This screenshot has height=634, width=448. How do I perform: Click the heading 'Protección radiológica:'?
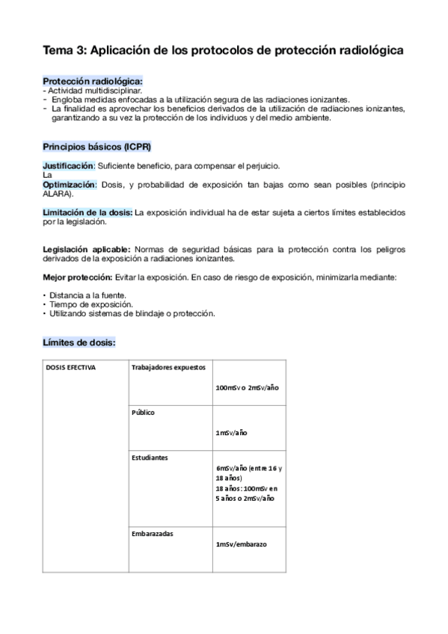click(92, 81)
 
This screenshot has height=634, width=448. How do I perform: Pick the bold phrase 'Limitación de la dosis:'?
click(88, 212)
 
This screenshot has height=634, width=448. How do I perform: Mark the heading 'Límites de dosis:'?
click(79, 342)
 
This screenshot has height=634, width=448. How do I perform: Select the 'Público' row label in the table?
click(143, 412)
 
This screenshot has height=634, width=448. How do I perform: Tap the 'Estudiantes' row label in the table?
click(150, 456)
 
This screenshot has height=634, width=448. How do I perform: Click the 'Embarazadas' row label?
click(153, 533)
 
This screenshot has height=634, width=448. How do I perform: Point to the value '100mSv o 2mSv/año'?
click(246, 388)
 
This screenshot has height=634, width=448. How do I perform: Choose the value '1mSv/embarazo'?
click(241, 544)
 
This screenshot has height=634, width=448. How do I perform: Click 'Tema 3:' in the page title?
click(63, 50)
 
